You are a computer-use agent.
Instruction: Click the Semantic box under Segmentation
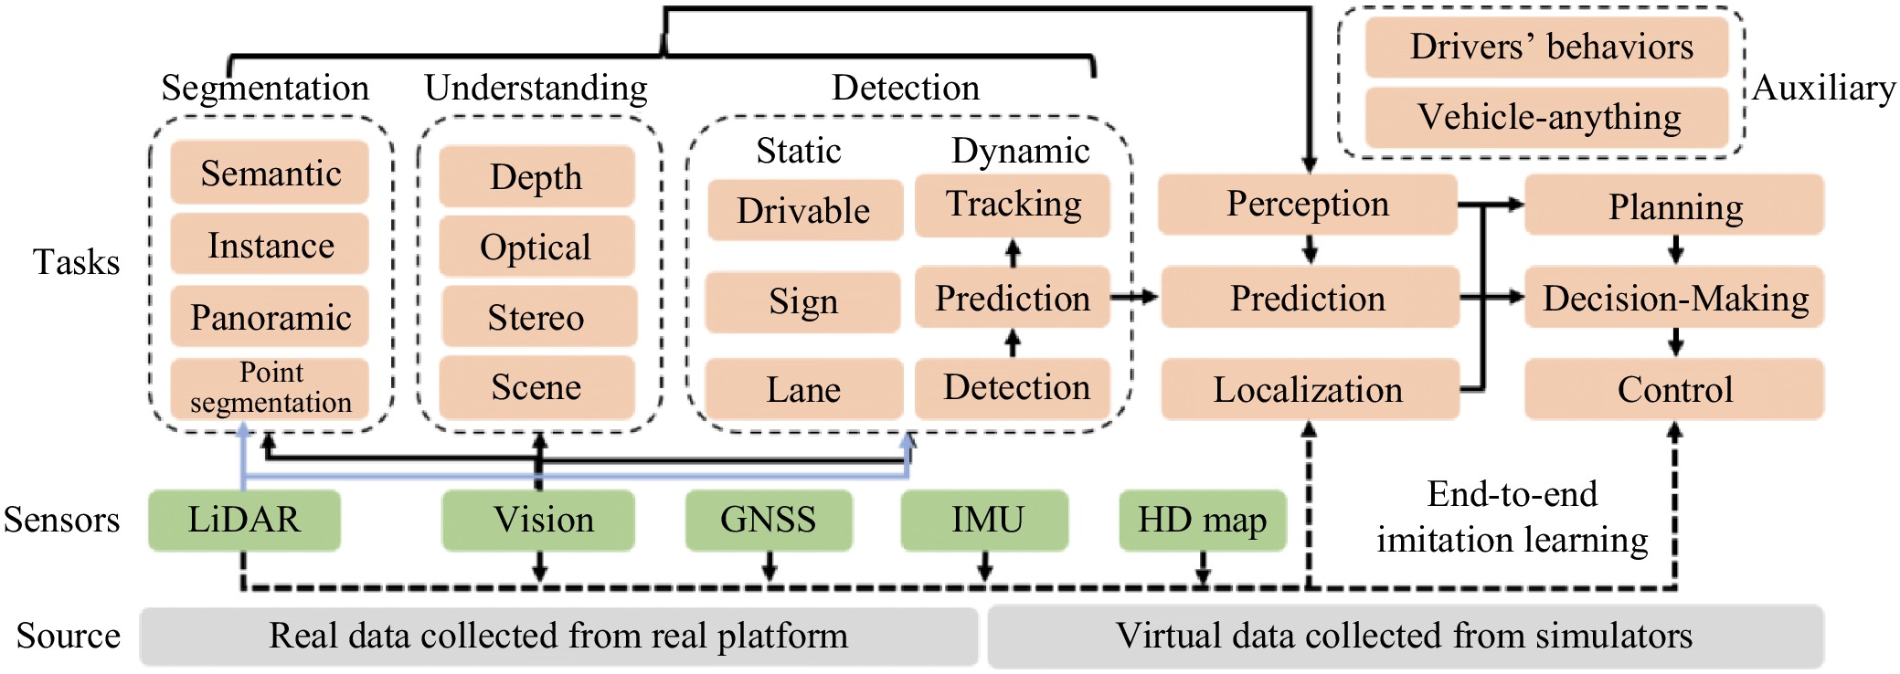270,173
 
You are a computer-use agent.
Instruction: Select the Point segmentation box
270,387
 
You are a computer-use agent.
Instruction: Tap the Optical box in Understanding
536,247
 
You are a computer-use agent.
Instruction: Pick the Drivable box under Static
804,210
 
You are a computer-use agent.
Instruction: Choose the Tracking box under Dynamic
1013,205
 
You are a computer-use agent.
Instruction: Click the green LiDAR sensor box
244,520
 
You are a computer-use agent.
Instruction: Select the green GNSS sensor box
769,520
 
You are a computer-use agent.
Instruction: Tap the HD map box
1202,520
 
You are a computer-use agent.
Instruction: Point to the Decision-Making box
1674,298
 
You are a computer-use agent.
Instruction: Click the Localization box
1309,389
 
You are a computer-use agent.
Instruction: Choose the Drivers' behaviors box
1546,47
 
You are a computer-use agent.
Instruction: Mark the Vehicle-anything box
1546,117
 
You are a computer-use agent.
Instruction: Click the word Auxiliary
1823,88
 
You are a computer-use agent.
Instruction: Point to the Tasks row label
77,262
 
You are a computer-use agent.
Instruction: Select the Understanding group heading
536,88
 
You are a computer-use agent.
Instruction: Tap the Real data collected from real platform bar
558,636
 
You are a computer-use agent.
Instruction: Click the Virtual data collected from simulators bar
1405,636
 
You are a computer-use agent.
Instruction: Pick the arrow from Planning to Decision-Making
1675,249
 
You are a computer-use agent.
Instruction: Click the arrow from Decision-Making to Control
1675,342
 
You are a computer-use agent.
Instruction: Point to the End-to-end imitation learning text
1513,517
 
